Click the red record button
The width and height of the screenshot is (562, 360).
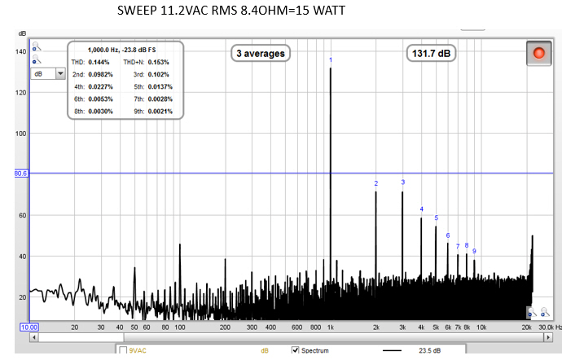(x=538, y=54)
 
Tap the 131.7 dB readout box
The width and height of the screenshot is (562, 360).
(x=432, y=54)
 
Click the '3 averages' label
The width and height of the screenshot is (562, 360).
(x=261, y=54)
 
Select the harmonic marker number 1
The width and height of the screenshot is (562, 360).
(x=331, y=60)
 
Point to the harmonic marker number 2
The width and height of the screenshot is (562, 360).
(x=376, y=183)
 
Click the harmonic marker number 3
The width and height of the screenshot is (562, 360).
(x=402, y=182)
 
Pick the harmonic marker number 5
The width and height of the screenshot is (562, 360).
(x=436, y=217)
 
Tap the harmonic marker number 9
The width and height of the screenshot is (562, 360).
(x=474, y=251)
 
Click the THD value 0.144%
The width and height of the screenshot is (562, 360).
(x=99, y=62)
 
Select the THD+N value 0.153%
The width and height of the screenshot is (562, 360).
(x=158, y=62)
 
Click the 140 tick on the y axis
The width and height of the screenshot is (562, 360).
(x=21, y=51)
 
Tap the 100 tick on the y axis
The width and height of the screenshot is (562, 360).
(x=21, y=134)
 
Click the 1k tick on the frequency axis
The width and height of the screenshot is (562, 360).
(x=330, y=327)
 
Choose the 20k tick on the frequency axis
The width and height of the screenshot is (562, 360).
(x=528, y=327)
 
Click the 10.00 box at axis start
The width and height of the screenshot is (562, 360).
(x=29, y=327)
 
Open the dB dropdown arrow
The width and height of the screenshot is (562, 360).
(x=59, y=73)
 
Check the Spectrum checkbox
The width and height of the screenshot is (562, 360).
(x=296, y=351)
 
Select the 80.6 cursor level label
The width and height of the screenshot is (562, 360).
(x=21, y=173)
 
